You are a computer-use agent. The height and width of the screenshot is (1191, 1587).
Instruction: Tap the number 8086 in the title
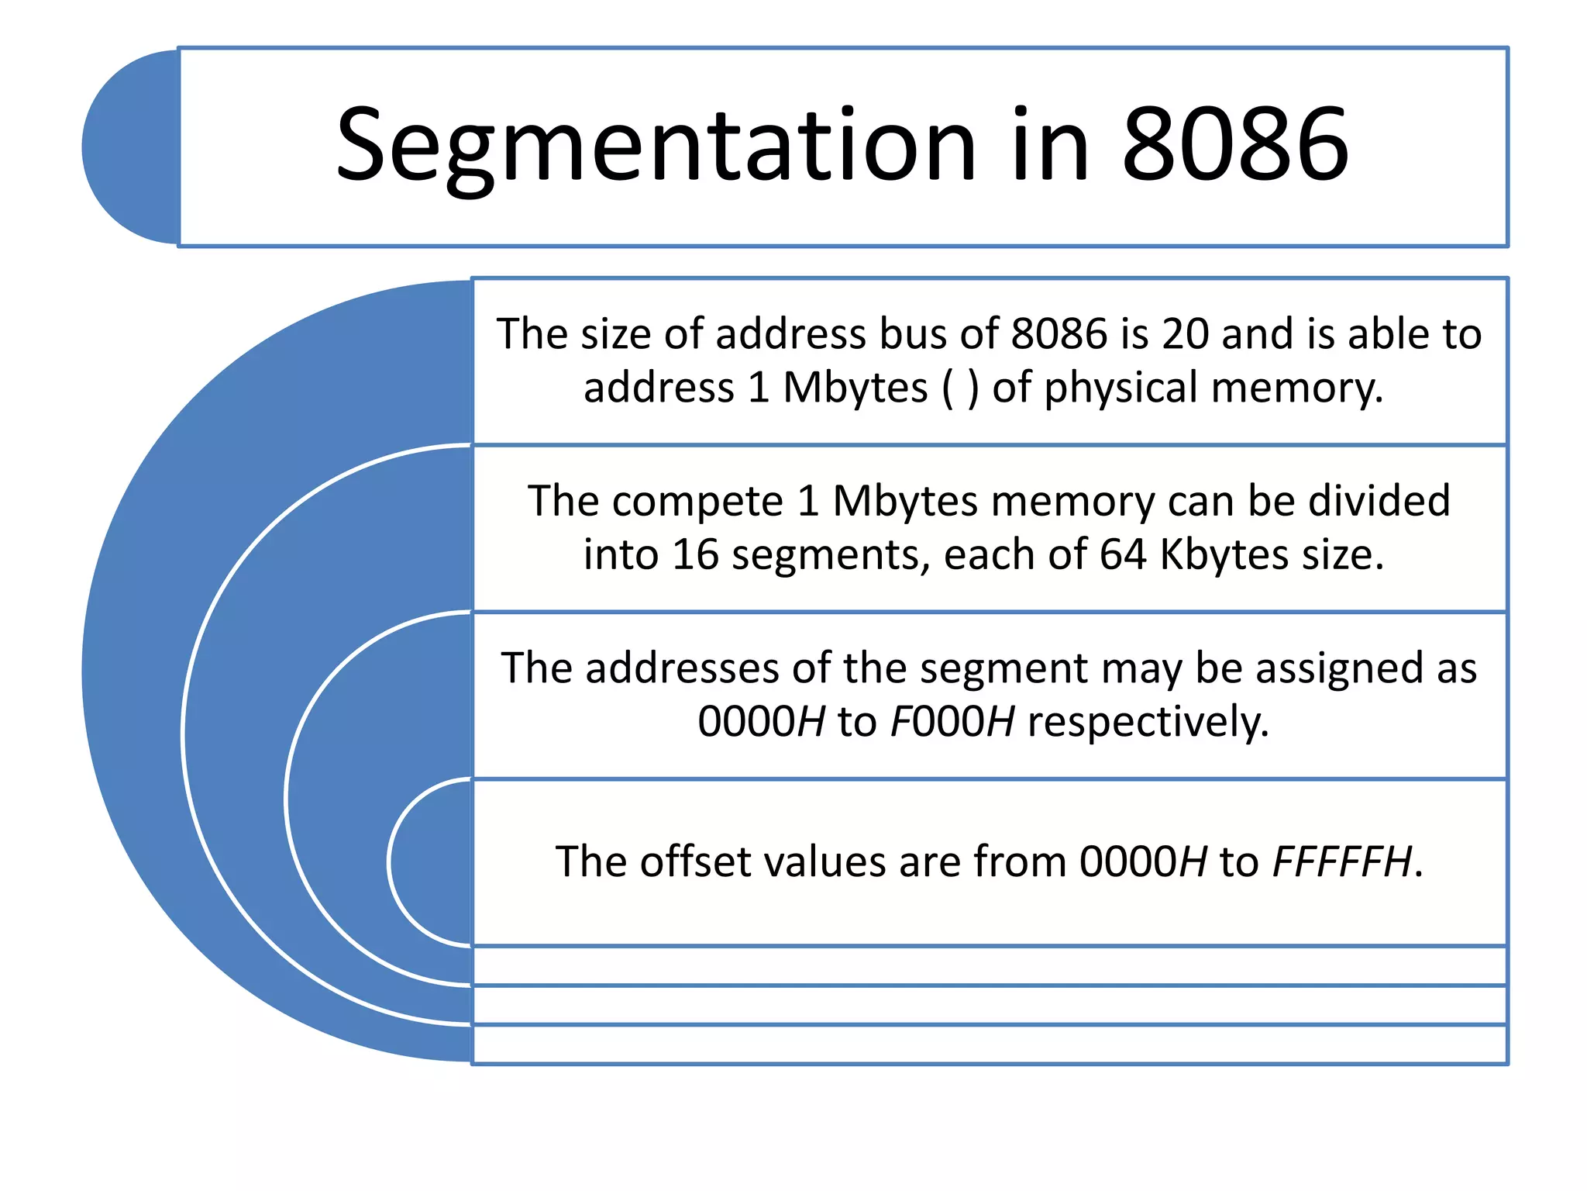(1235, 146)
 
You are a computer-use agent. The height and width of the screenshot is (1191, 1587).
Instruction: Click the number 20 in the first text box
(1185, 334)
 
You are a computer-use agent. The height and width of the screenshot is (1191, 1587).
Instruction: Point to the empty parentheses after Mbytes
(960, 388)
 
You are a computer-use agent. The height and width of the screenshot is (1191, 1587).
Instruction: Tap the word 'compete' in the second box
(697, 502)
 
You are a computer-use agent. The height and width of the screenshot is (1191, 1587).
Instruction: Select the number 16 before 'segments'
(695, 555)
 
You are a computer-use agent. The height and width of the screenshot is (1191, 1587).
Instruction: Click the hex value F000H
(952, 722)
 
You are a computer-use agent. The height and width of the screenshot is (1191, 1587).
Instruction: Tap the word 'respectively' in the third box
(1148, 722)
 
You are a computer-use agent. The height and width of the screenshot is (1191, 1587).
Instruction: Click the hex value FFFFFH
(1341, 862)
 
